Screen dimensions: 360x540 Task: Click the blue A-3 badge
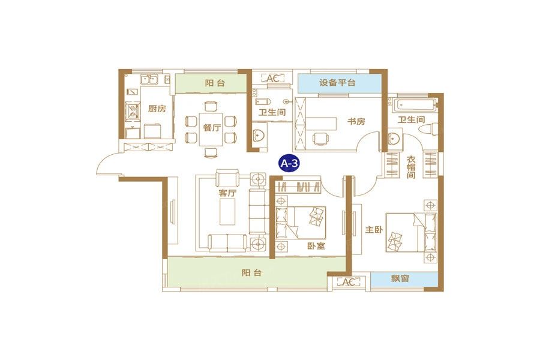point(290,162)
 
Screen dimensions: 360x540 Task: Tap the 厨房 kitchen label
point(157,109)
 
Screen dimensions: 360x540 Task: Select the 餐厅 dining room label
point(211,127)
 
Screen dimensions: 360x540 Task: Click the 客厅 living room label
point(227,193)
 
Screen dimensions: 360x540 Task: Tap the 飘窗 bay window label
point(401,280)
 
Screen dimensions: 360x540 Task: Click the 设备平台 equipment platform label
point(338,83)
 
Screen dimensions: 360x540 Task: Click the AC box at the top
point(272,78)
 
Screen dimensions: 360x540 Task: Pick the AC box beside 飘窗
point(347,282)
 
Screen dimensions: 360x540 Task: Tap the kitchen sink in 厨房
point(148,78)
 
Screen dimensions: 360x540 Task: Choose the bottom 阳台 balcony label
point(252,273)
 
